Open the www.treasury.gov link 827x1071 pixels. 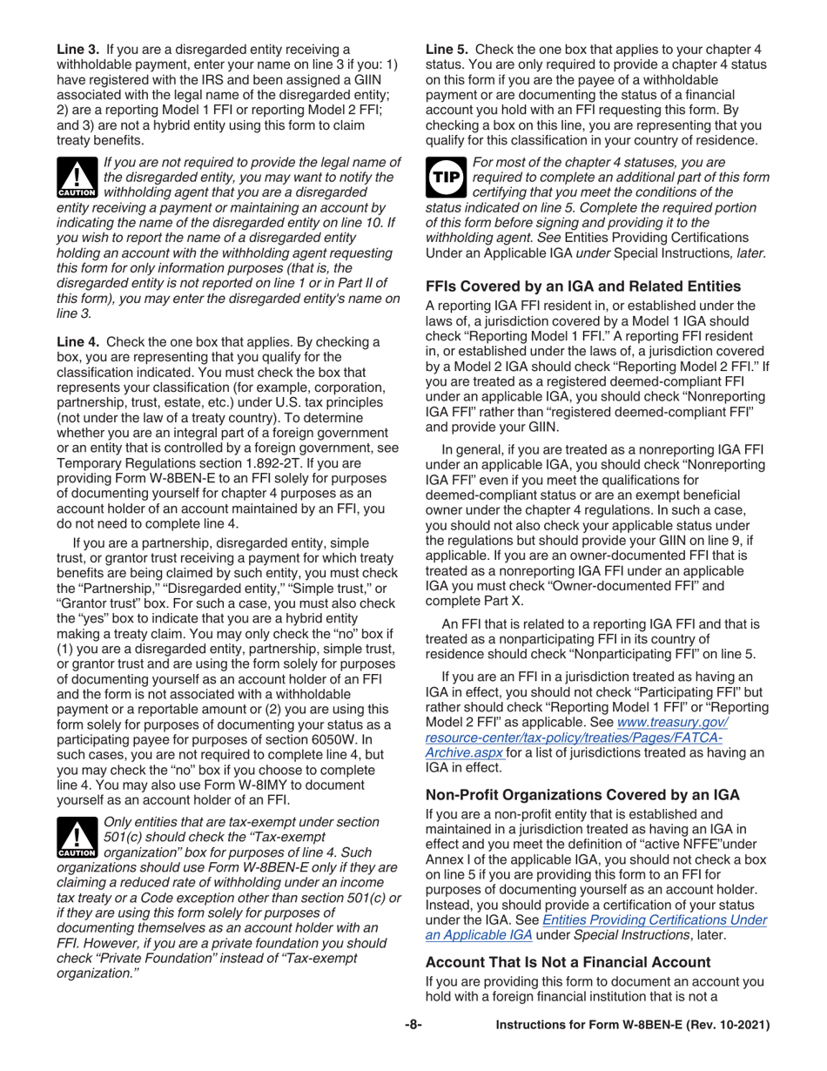(x=672, y=722)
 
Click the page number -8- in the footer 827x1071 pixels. (x=413, y=1026)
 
